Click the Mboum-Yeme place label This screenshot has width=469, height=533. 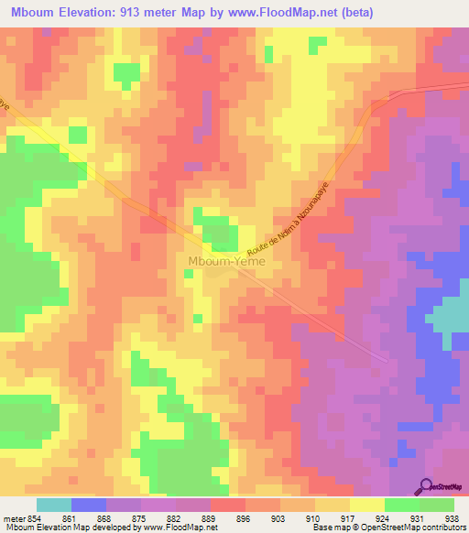coord(226,261)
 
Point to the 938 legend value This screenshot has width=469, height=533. coord(450,518)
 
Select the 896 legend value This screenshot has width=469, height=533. coord(243,518)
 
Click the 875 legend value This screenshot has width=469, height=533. coord(139,518)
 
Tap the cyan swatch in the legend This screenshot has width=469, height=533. coord(54,505)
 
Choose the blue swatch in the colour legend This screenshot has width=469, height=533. coord(89,505)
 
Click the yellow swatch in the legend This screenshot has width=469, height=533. coord(366,505)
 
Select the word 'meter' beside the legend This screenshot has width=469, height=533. coord(14,518)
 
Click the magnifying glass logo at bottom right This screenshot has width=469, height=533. coord(427,486)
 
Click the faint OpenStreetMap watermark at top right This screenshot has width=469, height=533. coord(445,87)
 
